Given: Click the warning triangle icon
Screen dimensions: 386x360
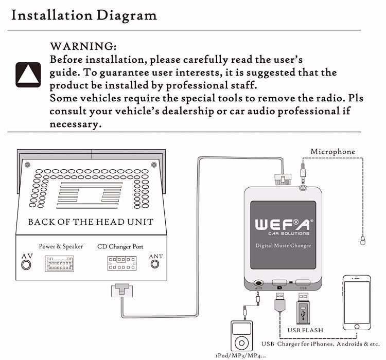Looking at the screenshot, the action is (28, 75).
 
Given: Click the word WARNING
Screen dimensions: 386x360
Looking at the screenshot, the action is (83, 46).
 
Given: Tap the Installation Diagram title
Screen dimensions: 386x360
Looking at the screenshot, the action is (84, 15).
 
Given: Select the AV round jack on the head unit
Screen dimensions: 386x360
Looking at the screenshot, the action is (26, 265).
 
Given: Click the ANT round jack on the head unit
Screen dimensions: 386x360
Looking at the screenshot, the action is (155, 264).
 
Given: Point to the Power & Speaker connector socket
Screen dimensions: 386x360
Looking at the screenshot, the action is (59, 264).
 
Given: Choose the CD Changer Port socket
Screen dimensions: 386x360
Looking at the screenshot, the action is (122, 263).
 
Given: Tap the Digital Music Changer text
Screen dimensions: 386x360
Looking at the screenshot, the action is (283, 246).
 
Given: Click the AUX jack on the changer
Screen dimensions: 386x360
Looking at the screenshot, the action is (259, 283).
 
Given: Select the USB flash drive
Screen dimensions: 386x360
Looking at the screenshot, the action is (303, 309).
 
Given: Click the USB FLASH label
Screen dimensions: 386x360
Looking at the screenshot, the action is (305, 330).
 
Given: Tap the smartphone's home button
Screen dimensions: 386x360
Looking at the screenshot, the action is (357, 327).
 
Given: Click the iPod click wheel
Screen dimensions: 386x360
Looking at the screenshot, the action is (241, 343).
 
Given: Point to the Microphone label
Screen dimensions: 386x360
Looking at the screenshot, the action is (333, 152).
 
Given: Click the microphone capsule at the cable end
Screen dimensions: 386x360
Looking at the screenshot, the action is (363, 240).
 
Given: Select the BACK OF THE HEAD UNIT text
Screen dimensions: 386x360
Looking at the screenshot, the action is (91, 222).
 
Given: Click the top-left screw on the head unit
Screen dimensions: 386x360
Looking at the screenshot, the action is (27, 165).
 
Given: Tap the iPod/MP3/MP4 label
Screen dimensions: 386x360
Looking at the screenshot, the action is (240, 355).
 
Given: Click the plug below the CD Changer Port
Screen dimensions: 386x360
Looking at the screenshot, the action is (122, 291).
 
